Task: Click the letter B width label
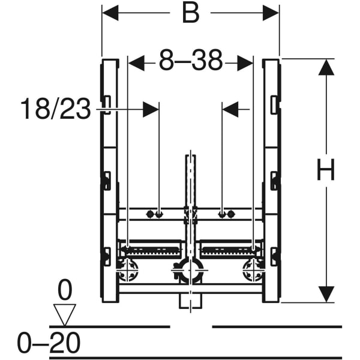[191, 13]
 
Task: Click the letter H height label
[326, 170]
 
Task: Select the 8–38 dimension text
[191, 61]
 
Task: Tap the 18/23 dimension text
[56, 109]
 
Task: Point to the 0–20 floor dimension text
[49, 343]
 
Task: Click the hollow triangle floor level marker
[65, 315]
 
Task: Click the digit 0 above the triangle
[65, 289]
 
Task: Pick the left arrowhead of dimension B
[110, 13]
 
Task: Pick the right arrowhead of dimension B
[271, 13]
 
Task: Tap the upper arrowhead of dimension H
[326, 67]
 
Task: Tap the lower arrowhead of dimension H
[326, 295]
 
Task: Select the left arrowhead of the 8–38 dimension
[136, 63]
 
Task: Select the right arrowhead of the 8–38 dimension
[245, 63]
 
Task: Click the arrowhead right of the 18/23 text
[151, 110]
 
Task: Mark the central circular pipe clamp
[190, 271]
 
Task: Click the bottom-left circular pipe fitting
[128, 270]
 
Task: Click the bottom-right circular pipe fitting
[253, 270]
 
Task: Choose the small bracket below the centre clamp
[191, 301]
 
